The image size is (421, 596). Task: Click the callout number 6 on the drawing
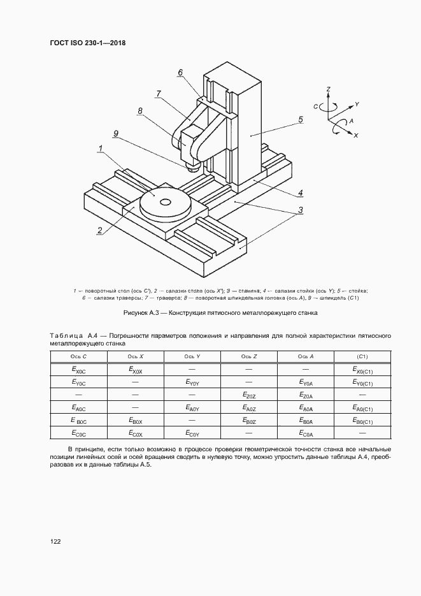(x=180, y=73)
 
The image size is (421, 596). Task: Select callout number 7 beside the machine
(x=157, y=94)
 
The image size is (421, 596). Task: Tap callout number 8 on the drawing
(x=139, y=111)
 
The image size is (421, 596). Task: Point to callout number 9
(x=116, y=133)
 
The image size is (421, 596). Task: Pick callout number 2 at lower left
(x=99, y=231)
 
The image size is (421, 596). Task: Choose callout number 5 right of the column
(x=300, y=119)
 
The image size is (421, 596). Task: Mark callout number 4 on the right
(x=300, y=193)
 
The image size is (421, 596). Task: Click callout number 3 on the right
(x=300, y=210)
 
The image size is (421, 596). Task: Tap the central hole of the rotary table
(x=166, y=203)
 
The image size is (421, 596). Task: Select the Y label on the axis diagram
(x=357, y=103)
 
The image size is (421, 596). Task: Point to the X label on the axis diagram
(x=355, y=136)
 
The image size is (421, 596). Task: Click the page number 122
(x=55, y=541)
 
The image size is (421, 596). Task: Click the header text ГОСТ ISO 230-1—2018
(x=87, y=43)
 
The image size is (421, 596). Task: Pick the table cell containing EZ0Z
(x=249, y=396)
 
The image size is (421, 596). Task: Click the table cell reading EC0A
(x=305, y=434)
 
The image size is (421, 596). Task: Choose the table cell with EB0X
(x=135, y=421)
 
